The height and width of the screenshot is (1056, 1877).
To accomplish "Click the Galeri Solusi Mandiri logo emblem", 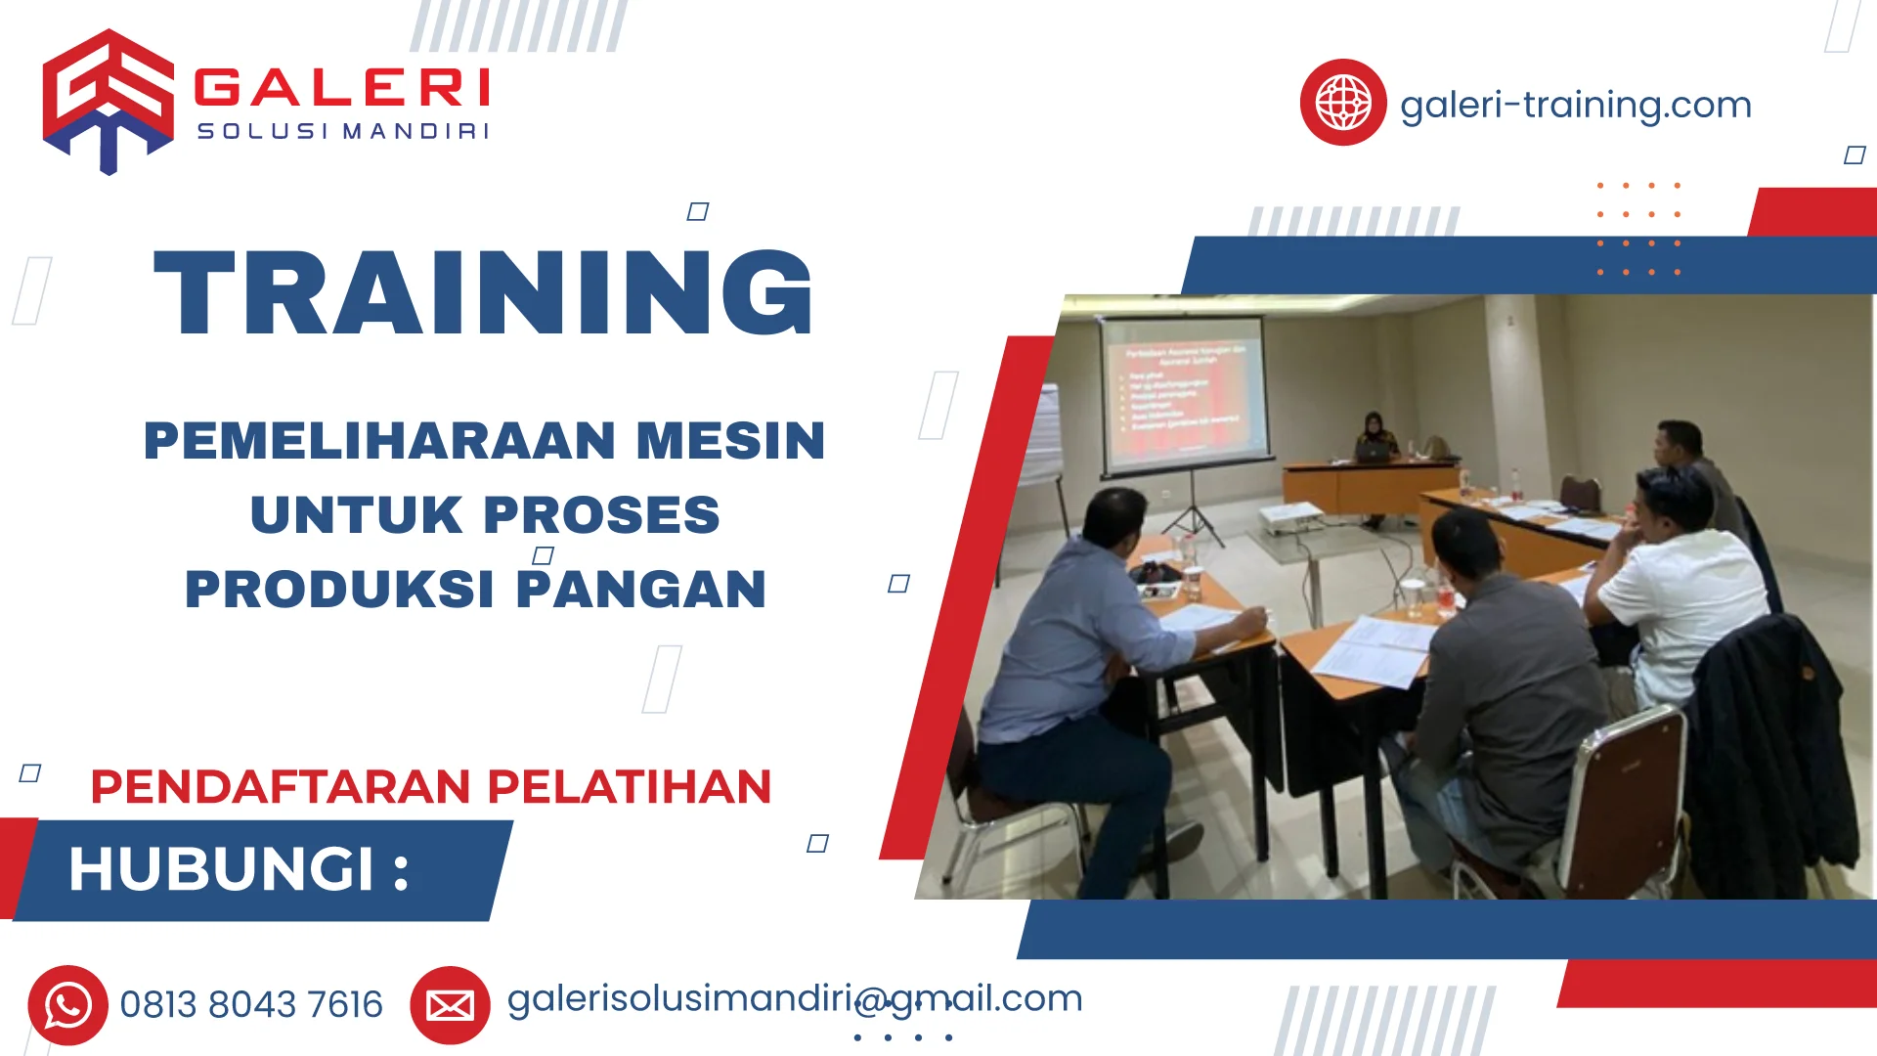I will click(x=108, y=101).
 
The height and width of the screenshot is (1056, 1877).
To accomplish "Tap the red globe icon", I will click(x=1342, y=103).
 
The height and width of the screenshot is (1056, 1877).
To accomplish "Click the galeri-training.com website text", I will click(x=1575, y=105).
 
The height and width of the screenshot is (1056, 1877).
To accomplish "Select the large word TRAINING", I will click(x=484, y=293).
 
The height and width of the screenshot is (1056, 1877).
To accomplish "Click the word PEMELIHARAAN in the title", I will click(x=380, y=441).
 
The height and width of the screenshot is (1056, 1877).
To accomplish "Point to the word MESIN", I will click(x=730, y=441).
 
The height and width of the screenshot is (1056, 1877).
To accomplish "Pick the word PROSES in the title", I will click(x=601, y=515).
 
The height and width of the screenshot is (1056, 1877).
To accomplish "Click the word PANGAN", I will click(x=640, y=590).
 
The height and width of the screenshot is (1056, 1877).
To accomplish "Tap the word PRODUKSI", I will click(x=339, y=590).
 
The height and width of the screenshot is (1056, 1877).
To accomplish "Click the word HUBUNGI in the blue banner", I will click(x=222, y=869).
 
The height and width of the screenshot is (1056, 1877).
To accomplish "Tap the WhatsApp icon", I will click(x=67, y=1005).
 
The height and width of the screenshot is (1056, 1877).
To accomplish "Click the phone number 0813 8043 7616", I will click(x=251, y=1005).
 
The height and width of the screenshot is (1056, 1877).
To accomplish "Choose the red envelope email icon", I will click(x=450, y=1005).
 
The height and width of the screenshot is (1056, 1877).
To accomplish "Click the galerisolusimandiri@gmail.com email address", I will click(x=794, y=998).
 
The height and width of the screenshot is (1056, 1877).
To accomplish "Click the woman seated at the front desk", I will click(x=1374, y=436).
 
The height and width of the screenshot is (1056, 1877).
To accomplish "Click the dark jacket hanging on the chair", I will click(x=1769, y=743).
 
